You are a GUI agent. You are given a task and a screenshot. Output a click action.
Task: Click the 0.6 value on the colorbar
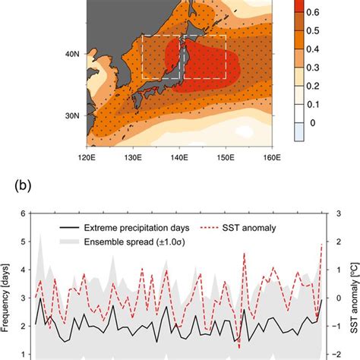coord(324,14)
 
